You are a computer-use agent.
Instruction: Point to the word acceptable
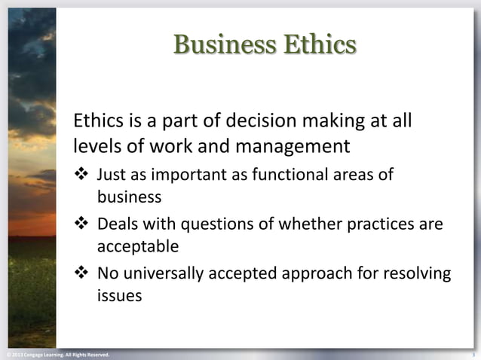point(138,246)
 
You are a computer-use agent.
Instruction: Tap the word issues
point(119,295)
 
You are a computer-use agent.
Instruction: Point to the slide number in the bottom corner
point(473,354)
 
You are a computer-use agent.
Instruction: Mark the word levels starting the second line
point(95,143)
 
